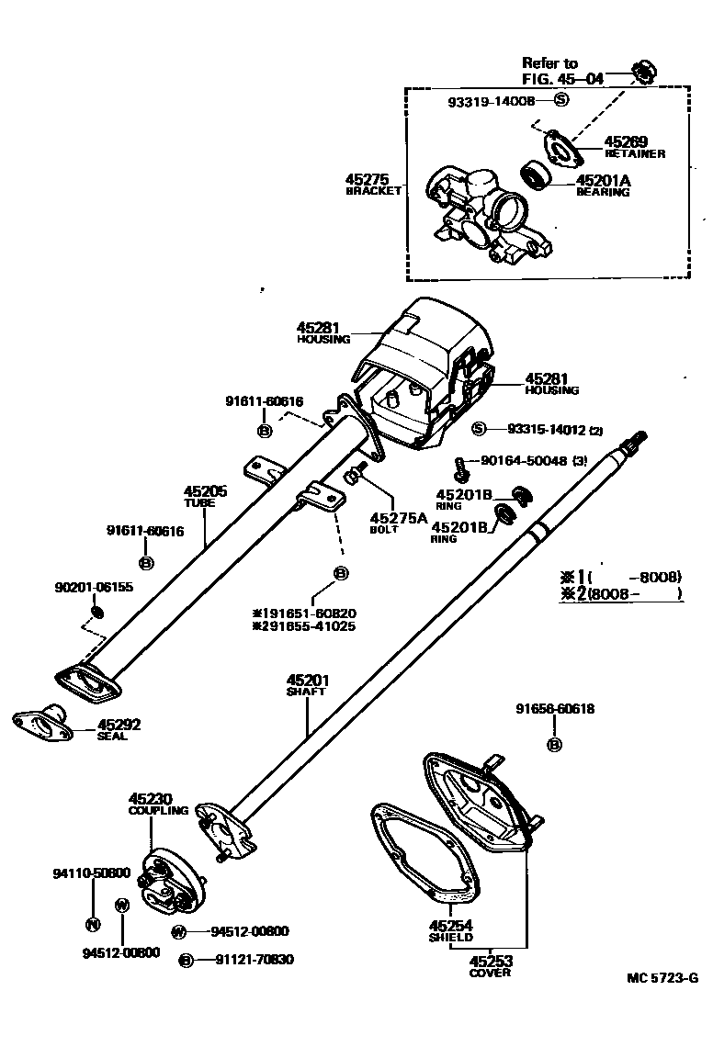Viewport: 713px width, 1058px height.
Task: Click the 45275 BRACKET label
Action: pyautogui.click(x=374, y=184)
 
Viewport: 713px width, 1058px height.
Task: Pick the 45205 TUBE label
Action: pyautogui.click(x=205, y=497)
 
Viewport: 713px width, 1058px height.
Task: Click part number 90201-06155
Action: pyautogui.click(x=94, y=587)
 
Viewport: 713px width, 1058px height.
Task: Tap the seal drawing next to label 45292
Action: pyautogui.click(x=41, y=726)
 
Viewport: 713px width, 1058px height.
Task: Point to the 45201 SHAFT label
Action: pyautogui.click(x=307, y=685)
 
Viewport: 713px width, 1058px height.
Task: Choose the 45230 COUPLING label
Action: pyautogui.click(x=158, y=804)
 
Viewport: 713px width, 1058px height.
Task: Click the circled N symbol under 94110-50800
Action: pyautogui.click(x=92, y=924)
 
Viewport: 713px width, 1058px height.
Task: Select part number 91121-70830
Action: pyautogui.click(x=255, y=960)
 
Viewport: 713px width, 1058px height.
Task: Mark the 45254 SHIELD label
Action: pyautogui.click(x=450, y=930)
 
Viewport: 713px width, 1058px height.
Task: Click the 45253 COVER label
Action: pyautogui.click(x=490, y=965)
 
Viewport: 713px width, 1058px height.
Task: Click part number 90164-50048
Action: pyautogui.click(x=519, y=461)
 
